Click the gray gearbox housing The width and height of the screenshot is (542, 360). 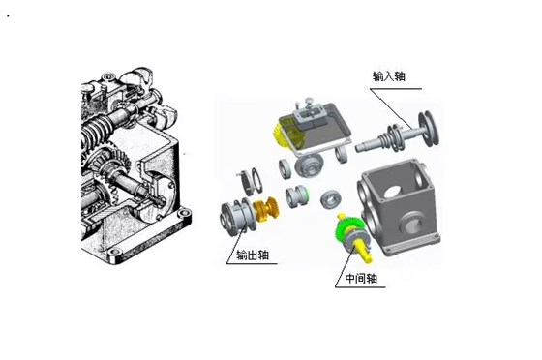pos(397,208)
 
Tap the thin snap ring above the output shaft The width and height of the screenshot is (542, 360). pos(247,176)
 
